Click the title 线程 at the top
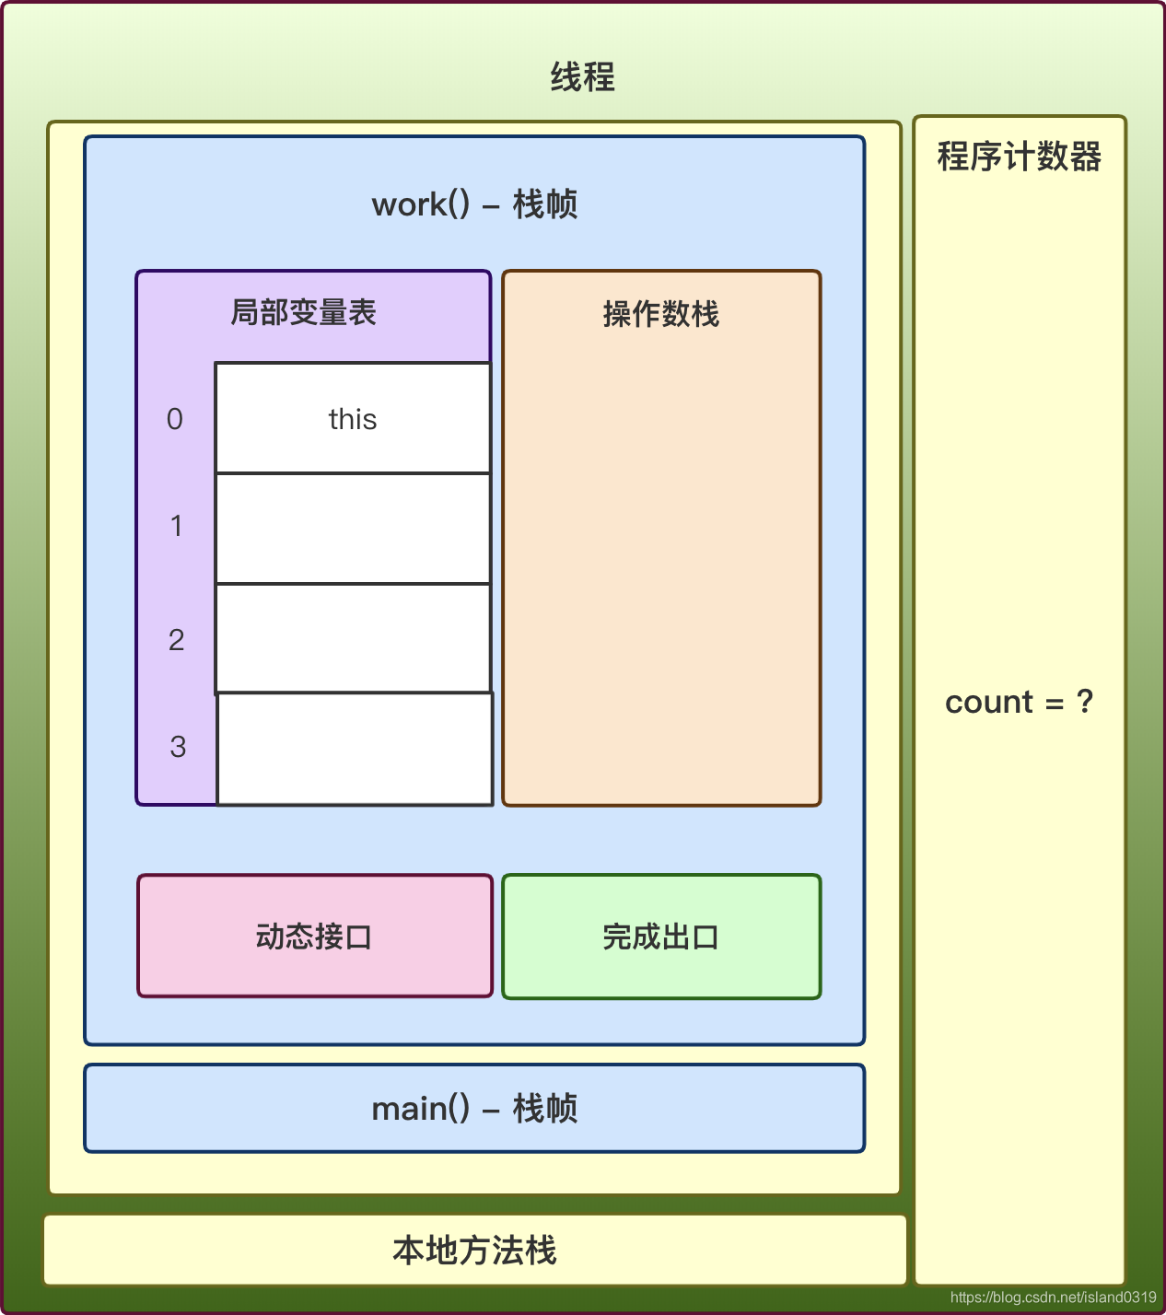[582, 77]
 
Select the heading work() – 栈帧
[474, 204]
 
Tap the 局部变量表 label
[303, 313]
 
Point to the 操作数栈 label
[660, 314]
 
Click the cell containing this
[353, 419]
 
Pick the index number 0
[175, 419]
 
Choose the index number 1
[176, 526]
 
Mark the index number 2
[176, 639]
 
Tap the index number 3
[178, 746]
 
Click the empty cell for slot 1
[353, 529]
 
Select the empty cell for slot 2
[353, 638]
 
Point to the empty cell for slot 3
[355, 749]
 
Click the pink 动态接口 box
[315, 936]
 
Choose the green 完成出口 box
[661, 937]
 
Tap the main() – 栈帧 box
[474, 1108]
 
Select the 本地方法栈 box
[474, 1250]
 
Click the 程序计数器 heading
[1020, 157]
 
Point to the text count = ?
[1019, 702]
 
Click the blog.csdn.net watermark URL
[1053, 1297]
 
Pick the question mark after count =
[1085, 702]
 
